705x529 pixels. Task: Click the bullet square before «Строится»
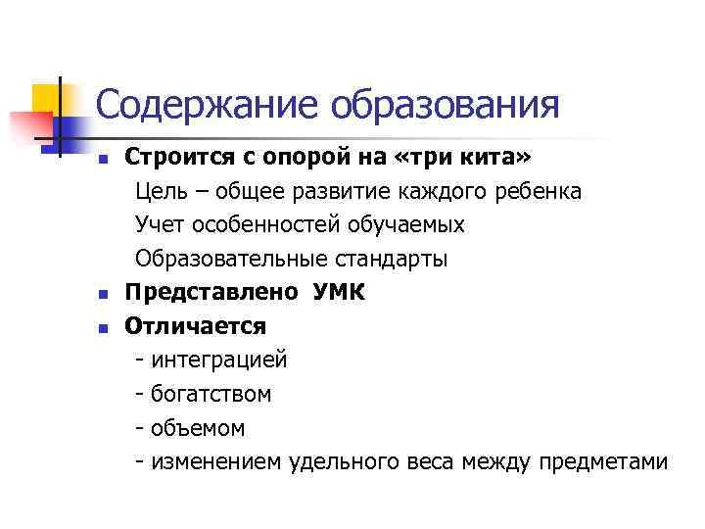point(102,159)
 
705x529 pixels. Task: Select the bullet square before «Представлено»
point(102,292)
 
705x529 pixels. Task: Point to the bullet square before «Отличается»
point(102,326)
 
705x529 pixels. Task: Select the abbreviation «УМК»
point(340,291)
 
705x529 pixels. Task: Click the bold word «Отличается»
point(195,325)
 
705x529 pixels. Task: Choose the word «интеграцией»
point(219,360)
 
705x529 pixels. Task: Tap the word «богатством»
point(211,394)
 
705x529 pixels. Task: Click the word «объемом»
point(198,428)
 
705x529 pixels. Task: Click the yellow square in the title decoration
point(45,98)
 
